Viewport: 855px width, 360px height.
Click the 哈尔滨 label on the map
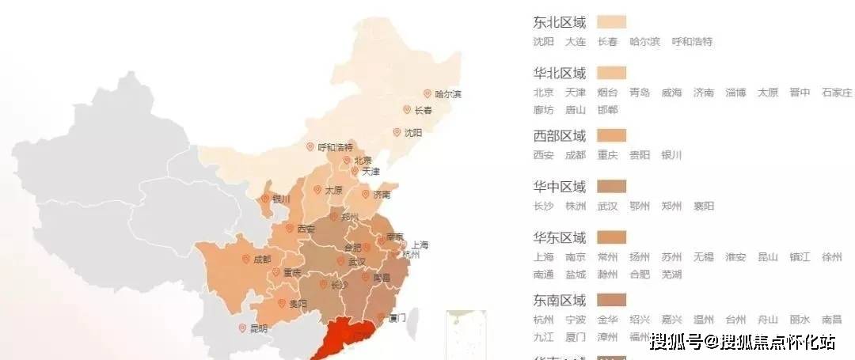(x=448, y=94)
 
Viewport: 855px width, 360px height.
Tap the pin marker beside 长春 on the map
(x=407, y=110)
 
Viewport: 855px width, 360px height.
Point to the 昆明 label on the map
(x=258, y=328)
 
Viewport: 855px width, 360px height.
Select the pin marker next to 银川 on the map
(x=265, y=199)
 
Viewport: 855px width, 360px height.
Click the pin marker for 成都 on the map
(x=245, y=260)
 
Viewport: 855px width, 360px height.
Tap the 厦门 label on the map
(x=397, y=318)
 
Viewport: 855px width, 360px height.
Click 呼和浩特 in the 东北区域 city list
(x=692, y=42)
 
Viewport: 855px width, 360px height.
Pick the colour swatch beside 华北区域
(x=611, y=74)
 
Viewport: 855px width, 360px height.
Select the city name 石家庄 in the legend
(x=837, y=93)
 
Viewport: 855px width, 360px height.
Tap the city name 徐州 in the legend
(x=832, y=257)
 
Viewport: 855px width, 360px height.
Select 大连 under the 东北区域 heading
(x=576, y=42)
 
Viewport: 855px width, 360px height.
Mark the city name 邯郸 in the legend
(x=607, y=110)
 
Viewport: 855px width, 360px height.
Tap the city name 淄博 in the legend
(x=735, y=93)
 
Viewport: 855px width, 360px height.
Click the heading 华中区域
(x=560, y=187)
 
